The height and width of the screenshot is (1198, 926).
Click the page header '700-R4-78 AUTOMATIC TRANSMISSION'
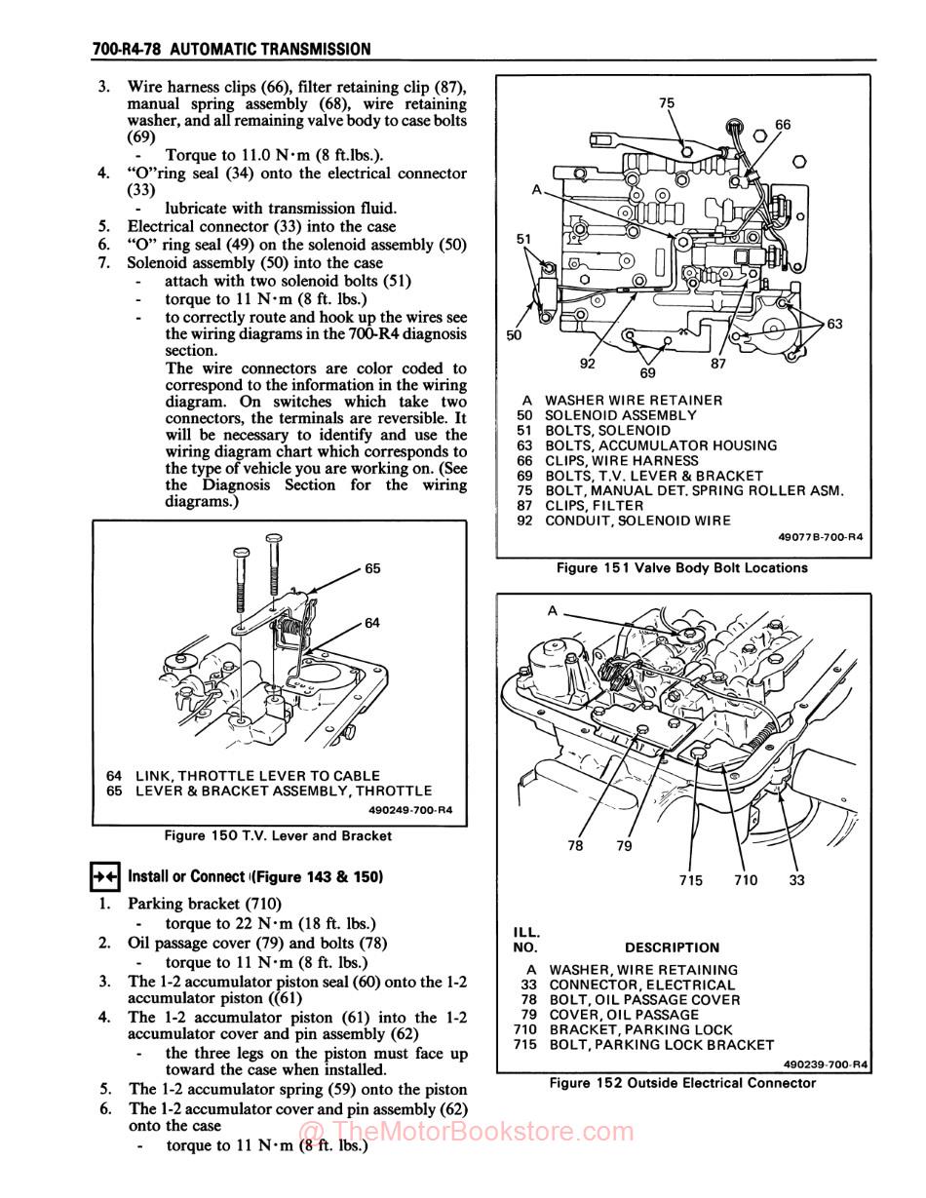(231, 49)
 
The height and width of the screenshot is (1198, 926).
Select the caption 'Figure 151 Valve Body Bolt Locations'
(681, 567)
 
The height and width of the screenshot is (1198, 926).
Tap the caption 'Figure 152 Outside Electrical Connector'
(682, 1083)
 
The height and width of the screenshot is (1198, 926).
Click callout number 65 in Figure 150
(372, 568)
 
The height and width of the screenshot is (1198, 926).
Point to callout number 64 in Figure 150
(372, 623)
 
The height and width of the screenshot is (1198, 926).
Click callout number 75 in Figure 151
(667, 102)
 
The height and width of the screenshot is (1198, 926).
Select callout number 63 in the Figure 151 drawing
(834, 325)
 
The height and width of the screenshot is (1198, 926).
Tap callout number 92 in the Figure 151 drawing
(588, 364)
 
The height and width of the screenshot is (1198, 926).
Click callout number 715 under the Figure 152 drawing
(690, 880)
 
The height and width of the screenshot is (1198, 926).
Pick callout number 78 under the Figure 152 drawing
(575, 846)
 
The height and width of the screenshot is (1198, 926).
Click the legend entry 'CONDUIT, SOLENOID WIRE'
(637, 521)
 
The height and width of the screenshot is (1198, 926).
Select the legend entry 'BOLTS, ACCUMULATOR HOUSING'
(660, 445)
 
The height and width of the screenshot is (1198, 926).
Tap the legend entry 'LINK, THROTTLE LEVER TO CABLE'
(257, 776)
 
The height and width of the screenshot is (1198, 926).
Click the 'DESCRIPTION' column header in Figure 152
(672, 947)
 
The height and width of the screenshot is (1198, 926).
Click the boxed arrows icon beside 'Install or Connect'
(104, 876)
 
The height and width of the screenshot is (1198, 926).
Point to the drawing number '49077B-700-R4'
(821, 537)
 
